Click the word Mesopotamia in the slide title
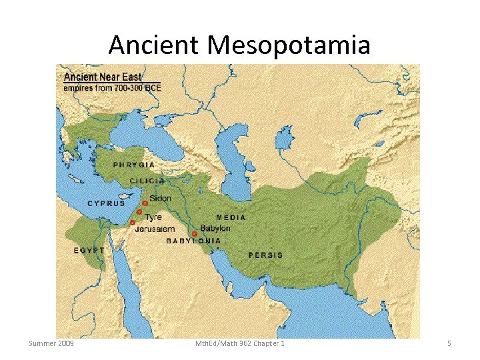(289, 45)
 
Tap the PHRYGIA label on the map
(134, 165)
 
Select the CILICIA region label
(147, 181)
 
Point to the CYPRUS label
(107, 203)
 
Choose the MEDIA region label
(231, 217)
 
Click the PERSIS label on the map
(265, 255)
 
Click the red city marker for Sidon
(145, 203)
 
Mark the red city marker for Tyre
(139, 212)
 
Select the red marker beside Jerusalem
(133, 222)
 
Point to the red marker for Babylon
(194, 234)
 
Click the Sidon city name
(160, 198)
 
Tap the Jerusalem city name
(155, 229)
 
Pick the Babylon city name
(215, 228)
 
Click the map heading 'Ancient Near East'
(98, 77)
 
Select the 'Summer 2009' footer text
(51, 343)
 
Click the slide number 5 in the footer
(449, 343)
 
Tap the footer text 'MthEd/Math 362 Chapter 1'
(239, 343)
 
